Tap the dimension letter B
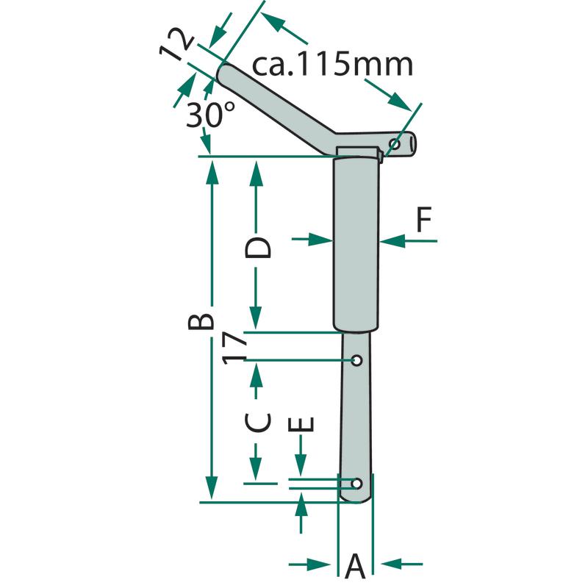(x=201, y=321)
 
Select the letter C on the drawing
(x=257, y=422)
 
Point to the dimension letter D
(x=257, y=248)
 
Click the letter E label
(x=301, y=425)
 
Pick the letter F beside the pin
(x=424, y=219)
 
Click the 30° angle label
(x=211, y=115)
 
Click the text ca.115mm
(x=332, y=65)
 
